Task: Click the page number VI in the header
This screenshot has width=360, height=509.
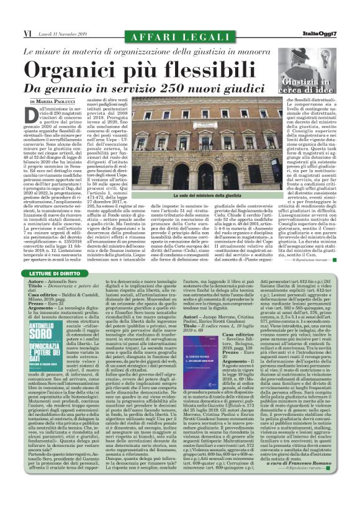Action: (x=11, y=32)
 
